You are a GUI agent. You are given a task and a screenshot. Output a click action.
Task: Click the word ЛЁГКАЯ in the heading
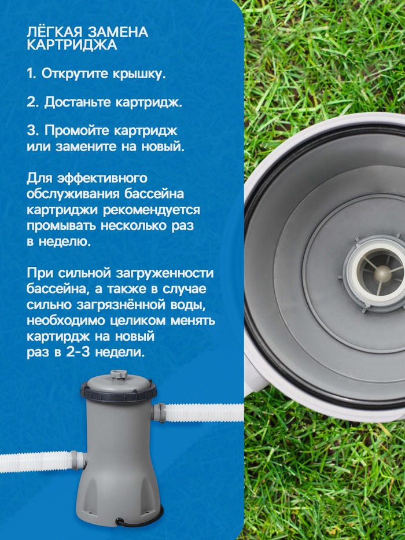54,32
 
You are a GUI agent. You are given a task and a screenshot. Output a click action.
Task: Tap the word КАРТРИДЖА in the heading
72,45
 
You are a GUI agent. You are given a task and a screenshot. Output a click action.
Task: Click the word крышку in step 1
139,74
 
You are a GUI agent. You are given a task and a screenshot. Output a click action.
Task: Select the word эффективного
102,178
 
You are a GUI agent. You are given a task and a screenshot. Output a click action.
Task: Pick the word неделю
64,242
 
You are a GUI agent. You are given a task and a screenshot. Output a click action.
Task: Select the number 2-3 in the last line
75,352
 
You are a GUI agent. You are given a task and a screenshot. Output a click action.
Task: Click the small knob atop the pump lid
119,374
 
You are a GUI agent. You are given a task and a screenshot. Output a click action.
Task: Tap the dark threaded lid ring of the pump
119,392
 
